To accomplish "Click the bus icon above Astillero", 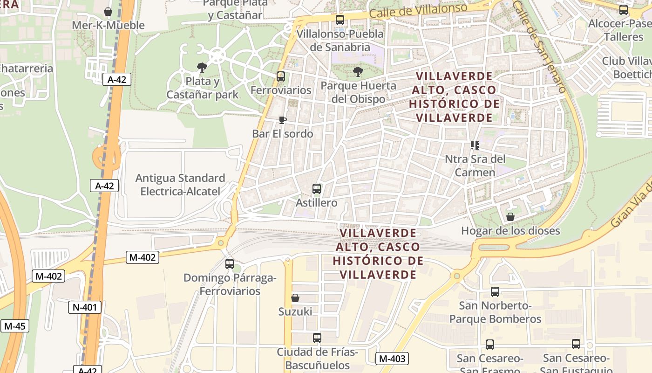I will (x=317, y=189).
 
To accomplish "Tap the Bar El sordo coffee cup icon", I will (x=282, y=120).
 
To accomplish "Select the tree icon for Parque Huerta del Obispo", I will (x=358, y=72).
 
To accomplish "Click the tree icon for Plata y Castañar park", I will (x=202, y=68).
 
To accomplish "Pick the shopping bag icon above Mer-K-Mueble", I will (x=108, y=11).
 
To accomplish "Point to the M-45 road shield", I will (x=14, y=326).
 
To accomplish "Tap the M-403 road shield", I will (x=392, y=359).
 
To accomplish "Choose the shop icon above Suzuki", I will (x=295, y=297).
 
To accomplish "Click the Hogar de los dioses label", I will (x=510, y=230).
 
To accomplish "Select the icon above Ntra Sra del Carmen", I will (x=475, y=145).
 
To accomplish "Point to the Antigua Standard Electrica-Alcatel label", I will (x=180, y=185).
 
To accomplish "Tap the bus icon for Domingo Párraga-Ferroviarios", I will (x=230, y=263).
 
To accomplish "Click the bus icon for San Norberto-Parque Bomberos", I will (x=495, y=292).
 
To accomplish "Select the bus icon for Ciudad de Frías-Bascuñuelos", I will (x=317, y=338).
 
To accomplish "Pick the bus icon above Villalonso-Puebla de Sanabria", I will (x=340, y=20).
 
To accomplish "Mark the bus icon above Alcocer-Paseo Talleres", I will (x=624, y=9).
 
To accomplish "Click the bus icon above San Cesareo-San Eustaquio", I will (x=576, y=344).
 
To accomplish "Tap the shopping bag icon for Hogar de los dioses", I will (x=510, y=217).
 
